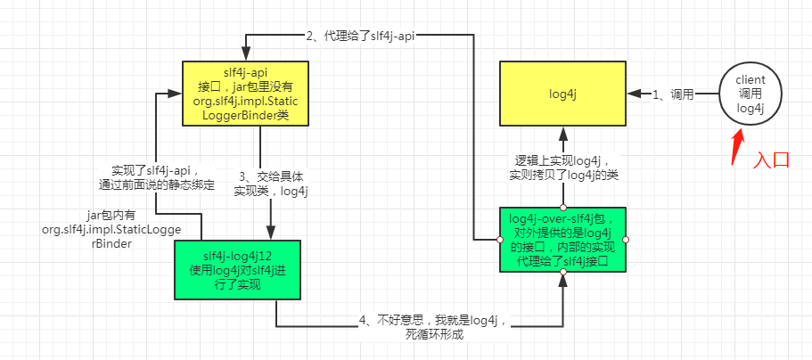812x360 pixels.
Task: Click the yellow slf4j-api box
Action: pyautogui.click(x=245, y=94)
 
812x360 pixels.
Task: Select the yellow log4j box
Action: pyautogui.click(x=562, y=93)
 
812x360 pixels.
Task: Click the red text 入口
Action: pyautogui.click(x=771, y=160)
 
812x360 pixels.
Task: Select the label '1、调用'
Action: pyautogui.click(x=674, y=94)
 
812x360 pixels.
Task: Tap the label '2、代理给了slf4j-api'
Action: pyautogui.click(x=360, y=37)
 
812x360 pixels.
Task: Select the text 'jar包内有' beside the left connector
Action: pyautogui.click(x=111, y=214)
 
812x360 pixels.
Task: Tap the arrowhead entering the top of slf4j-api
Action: pyautogui.click(x=245, y=55)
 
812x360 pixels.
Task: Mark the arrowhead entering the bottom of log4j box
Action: pyautogui.click(x=562, y=131)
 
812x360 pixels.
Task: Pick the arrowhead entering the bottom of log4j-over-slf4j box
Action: pyautogui.click(x=562, y=278)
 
